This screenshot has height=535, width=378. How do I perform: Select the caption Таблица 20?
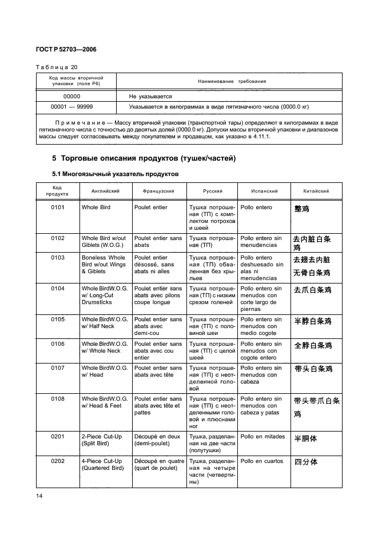[x=56, y=67]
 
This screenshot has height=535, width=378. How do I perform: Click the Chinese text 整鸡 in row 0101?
[x=301, y=209]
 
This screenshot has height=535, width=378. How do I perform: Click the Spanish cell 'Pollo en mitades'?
[x=262, y=436]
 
